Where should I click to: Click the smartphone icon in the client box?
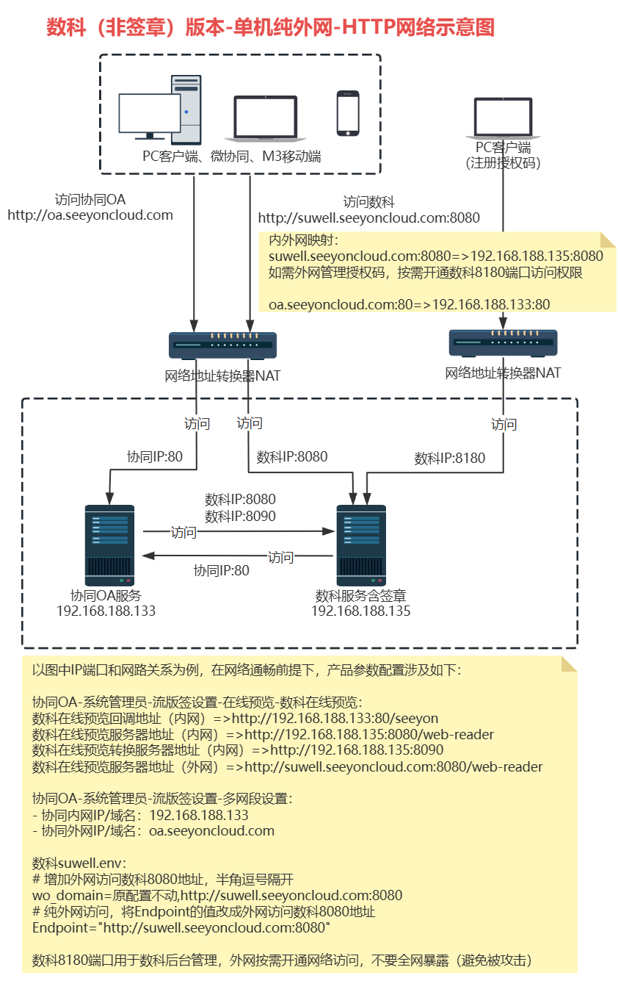(x=348, y=113)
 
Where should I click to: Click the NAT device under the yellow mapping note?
(x=503, y=343)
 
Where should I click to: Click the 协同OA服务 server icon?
(x=109, y=542)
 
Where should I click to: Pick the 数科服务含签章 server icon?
(x=360, y=542)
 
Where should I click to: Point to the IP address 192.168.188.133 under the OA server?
(x=106, y=611)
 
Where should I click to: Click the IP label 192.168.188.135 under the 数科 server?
(x=360, y=611)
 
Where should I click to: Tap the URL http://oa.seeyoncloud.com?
(x=90, y=215)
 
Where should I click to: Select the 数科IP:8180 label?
(x=450, y=459)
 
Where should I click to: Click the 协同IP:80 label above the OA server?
(x=154, y=457)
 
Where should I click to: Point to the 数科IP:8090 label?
(x=241, y=516)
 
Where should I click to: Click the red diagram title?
(x=270, y=27)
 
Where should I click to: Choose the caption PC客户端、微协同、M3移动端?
(x=232, y=157)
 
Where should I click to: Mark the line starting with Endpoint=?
(x=181, y=928)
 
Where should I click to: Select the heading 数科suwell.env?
(x=79, y=863)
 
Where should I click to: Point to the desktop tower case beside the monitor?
(x=186, y=110)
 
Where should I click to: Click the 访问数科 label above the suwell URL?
(x=368, y=201)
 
